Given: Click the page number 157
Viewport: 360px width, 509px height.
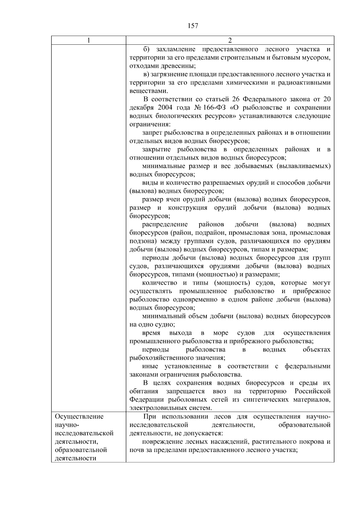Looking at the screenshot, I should pos(193,26).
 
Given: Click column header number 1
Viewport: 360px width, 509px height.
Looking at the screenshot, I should pos(89,40).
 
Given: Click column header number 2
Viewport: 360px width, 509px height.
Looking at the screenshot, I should pos(230,40).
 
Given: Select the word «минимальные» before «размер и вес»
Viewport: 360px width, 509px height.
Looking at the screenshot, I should pos(163,166).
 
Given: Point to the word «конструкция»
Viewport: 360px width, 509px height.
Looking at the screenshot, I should pos(187,208).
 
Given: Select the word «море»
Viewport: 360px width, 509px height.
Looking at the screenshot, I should pos(221,333).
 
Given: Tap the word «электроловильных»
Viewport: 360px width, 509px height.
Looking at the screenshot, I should pos(157,408).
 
